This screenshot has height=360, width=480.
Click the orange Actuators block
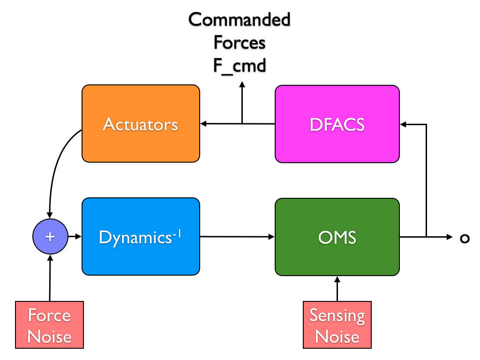click(x=141, y=124)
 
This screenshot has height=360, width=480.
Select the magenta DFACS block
click(x=337, y=124)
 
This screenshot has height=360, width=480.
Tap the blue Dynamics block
click(x=141, y=237)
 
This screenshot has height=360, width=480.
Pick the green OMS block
click(x=337, y=237)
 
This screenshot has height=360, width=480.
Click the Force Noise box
click(x=49, y=325)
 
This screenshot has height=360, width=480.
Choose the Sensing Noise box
click(x=337, y=325)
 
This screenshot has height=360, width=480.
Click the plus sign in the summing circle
click(x=50, y=237)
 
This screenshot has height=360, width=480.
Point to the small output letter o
click(x=465, y=239)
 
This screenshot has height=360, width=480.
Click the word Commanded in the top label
click(x=240, y=20)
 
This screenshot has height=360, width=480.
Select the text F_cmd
click(x=240, y=66)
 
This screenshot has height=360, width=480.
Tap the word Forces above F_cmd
click(x=240, y=42)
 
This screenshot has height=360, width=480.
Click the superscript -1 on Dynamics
click(x=177, y=234)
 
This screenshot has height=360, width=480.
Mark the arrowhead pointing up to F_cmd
click(x=242, y=84)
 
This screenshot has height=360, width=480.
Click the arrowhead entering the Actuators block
click(x=203, y=124)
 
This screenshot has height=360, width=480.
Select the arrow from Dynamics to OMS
click(x=237, y=237)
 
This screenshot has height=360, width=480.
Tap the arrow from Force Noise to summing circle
click(x=50, y=278)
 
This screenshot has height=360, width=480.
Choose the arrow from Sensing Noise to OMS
click(x=337, y=289)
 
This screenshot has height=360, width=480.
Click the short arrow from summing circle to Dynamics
click(x=75, y=237)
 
